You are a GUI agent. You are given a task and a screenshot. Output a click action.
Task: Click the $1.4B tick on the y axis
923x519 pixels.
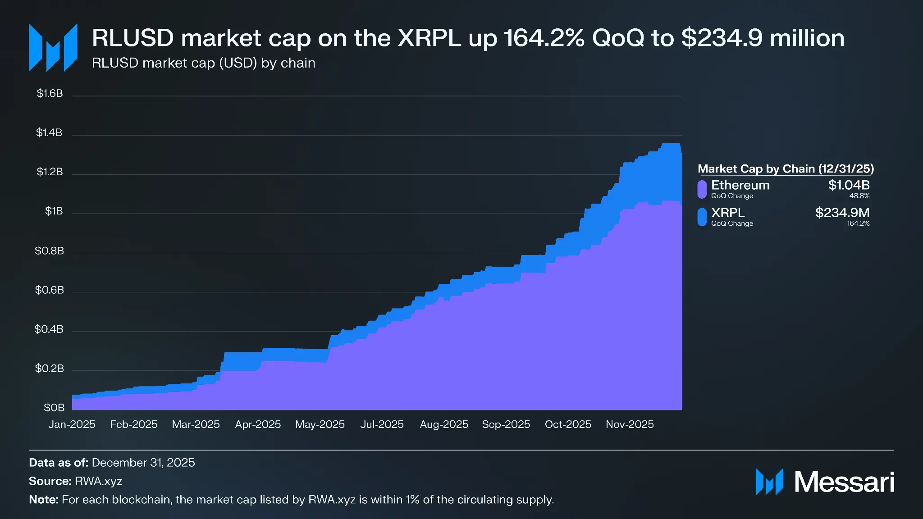point(49,132)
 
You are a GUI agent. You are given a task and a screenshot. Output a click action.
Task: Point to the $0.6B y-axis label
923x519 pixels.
point(50,290)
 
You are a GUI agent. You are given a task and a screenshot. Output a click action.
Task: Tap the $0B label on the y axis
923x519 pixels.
point(54,408)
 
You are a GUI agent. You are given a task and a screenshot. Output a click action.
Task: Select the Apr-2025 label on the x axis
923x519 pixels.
point(258,424)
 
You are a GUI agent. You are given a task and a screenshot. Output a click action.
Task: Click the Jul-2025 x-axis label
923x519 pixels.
point(382,424)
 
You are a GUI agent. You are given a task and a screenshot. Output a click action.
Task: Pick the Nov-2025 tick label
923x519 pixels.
point(630,424)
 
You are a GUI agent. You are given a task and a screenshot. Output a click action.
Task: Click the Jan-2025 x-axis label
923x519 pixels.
point(72,424)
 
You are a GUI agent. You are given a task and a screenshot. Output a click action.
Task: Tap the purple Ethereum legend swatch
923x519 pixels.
point(702,189)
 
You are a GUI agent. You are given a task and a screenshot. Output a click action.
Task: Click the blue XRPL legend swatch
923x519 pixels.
point(702,217)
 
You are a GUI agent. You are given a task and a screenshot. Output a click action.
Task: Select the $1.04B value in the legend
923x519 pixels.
point(849,185)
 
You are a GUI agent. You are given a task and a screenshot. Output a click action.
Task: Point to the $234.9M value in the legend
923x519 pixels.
point(842,213)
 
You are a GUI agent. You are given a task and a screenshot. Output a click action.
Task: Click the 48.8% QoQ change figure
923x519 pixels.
point(859,196)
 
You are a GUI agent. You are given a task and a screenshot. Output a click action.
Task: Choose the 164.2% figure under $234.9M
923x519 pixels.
point(858,223)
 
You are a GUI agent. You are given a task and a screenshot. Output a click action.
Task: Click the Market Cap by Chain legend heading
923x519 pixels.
point(786,169)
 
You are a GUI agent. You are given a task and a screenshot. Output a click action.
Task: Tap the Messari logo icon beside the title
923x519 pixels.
point(53,47)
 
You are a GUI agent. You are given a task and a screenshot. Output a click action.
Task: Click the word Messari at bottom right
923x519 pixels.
point(844,482)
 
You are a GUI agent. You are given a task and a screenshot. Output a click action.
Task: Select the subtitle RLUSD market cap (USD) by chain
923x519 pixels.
point(203,63)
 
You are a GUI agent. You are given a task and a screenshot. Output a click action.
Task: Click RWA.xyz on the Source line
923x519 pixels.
point(99,481)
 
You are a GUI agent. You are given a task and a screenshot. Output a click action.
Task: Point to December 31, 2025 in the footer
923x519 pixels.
point(143,463)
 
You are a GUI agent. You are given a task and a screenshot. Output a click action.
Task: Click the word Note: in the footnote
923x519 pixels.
point(44,500)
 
